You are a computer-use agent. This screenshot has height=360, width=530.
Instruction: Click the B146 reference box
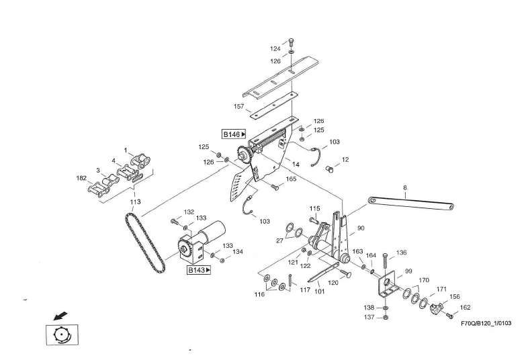(x=234, y=134)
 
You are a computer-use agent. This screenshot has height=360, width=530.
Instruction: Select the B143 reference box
(x=199, y=270)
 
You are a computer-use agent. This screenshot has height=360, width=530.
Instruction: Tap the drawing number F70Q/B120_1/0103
(x=486, y=323)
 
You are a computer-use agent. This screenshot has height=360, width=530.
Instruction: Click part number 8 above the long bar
(x=405, y=189)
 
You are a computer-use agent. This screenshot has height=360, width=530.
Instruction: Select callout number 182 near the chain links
(x=81, y=179)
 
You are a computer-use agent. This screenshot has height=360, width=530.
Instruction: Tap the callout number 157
(x=238, y=107)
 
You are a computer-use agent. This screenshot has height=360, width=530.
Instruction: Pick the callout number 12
(x=345, y=160)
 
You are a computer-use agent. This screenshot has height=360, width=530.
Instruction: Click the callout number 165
(x=291, y=179)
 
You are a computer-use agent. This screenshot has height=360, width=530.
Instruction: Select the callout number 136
(x=401, y=253)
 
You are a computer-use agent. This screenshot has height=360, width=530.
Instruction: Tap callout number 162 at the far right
(x=465, y=308)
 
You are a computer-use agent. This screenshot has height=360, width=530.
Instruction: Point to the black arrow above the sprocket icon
(x=60, y=314)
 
